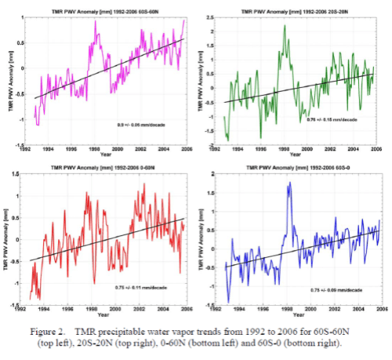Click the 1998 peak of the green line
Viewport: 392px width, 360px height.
[x=284, y=27]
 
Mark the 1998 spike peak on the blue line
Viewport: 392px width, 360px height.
[x=289, y=184]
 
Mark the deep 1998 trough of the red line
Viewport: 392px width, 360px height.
[x=95, y=284]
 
